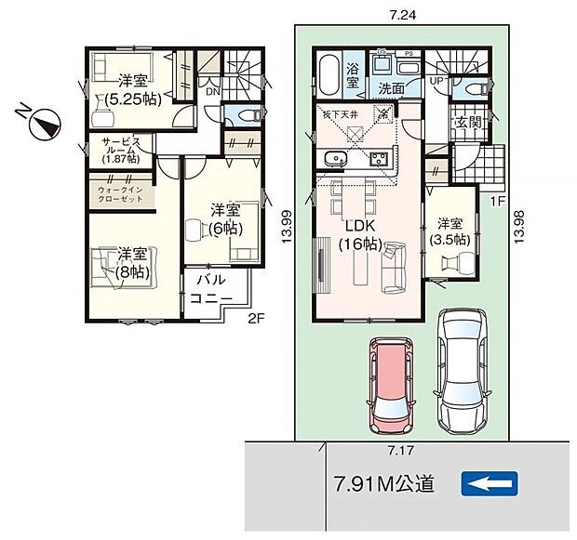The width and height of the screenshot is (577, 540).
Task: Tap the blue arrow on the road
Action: tap(489, 483)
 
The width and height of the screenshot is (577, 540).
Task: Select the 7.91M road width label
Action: tap(382, 483)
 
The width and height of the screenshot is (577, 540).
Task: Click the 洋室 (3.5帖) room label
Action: tap(450, 231)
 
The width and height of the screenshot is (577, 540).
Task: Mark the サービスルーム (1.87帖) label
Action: tap(115, 150)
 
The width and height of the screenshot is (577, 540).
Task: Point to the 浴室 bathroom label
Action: tap(354, 75)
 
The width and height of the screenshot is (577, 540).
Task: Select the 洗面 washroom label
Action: tap(389, 89)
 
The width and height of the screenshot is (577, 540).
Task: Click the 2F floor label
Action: tap(256, 317)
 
